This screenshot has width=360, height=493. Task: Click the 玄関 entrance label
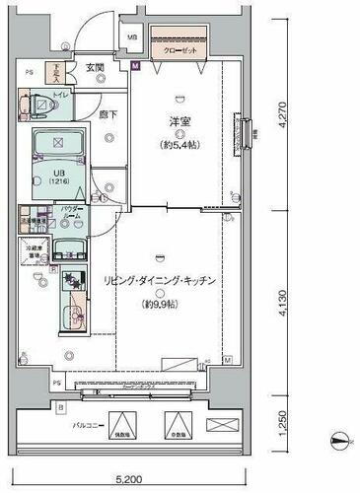96,67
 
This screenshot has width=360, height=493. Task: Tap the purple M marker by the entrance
135,67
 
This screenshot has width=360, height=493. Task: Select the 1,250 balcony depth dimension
281,424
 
